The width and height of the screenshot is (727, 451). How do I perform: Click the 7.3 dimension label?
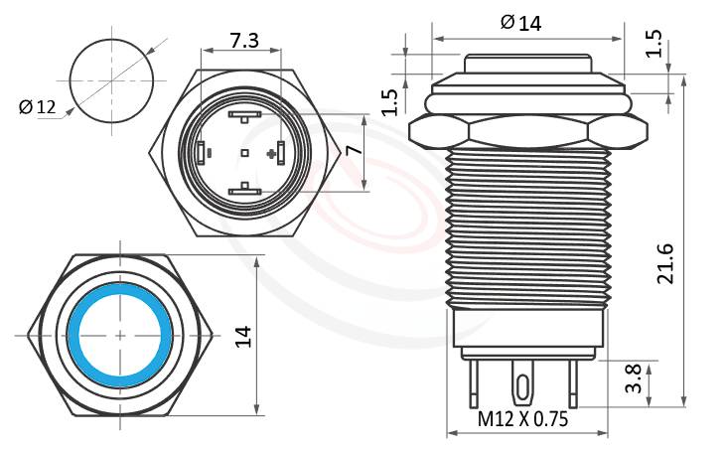[x=244, y=41]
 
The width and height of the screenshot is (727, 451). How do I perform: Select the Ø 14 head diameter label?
[x=521, y=22]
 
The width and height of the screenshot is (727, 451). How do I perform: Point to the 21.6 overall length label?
[x=667, y=263]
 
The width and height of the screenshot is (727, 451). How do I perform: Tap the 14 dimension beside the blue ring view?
[x=244, y=336]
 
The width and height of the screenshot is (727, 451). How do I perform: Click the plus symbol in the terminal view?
[x=271, y=153]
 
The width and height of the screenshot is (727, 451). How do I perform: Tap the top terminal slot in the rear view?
[x=244, y=115]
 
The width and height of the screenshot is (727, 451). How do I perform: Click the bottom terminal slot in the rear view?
[x=244, y=190]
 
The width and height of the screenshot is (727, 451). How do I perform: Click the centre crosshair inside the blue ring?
[x=121, y=336]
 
